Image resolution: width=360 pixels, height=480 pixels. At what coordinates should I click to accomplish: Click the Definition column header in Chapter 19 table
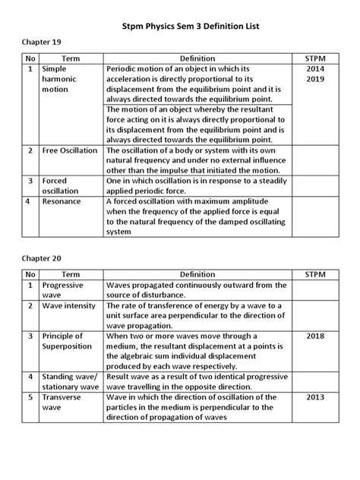(x=197, y=58)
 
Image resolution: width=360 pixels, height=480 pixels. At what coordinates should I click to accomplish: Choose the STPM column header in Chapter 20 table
(x=313, y=273)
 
